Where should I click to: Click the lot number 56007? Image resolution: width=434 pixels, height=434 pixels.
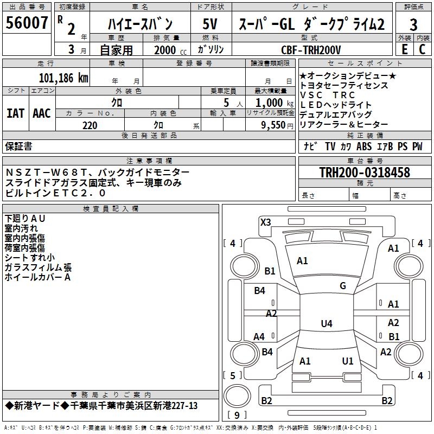[27, 23]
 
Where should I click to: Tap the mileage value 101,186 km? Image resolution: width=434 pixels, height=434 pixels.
[63, 78]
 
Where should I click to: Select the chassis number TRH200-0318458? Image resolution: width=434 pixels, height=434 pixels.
[364, 173]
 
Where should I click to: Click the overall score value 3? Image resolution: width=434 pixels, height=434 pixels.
[413, 24]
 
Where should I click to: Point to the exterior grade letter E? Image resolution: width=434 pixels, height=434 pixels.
[404, 49]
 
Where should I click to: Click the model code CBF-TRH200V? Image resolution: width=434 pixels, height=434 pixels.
[311, 50]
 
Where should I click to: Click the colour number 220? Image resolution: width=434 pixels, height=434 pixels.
[90, 125]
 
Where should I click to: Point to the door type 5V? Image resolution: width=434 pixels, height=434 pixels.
[210, 24]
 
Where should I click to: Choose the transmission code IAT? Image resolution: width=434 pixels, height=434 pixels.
[15, 113]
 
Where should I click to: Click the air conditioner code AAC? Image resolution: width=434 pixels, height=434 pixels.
[42, 113]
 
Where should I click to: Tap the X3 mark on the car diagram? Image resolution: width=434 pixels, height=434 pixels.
[265, 222]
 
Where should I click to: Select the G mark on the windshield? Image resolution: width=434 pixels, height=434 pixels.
[342, 286]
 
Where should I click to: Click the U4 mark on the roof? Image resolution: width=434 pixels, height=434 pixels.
[326, 324]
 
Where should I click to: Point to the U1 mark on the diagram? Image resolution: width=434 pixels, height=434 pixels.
[348, 361]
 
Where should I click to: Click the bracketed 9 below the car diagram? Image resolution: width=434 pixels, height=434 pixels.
[237, 415]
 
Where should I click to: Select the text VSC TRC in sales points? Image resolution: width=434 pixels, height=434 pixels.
[327, 95]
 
